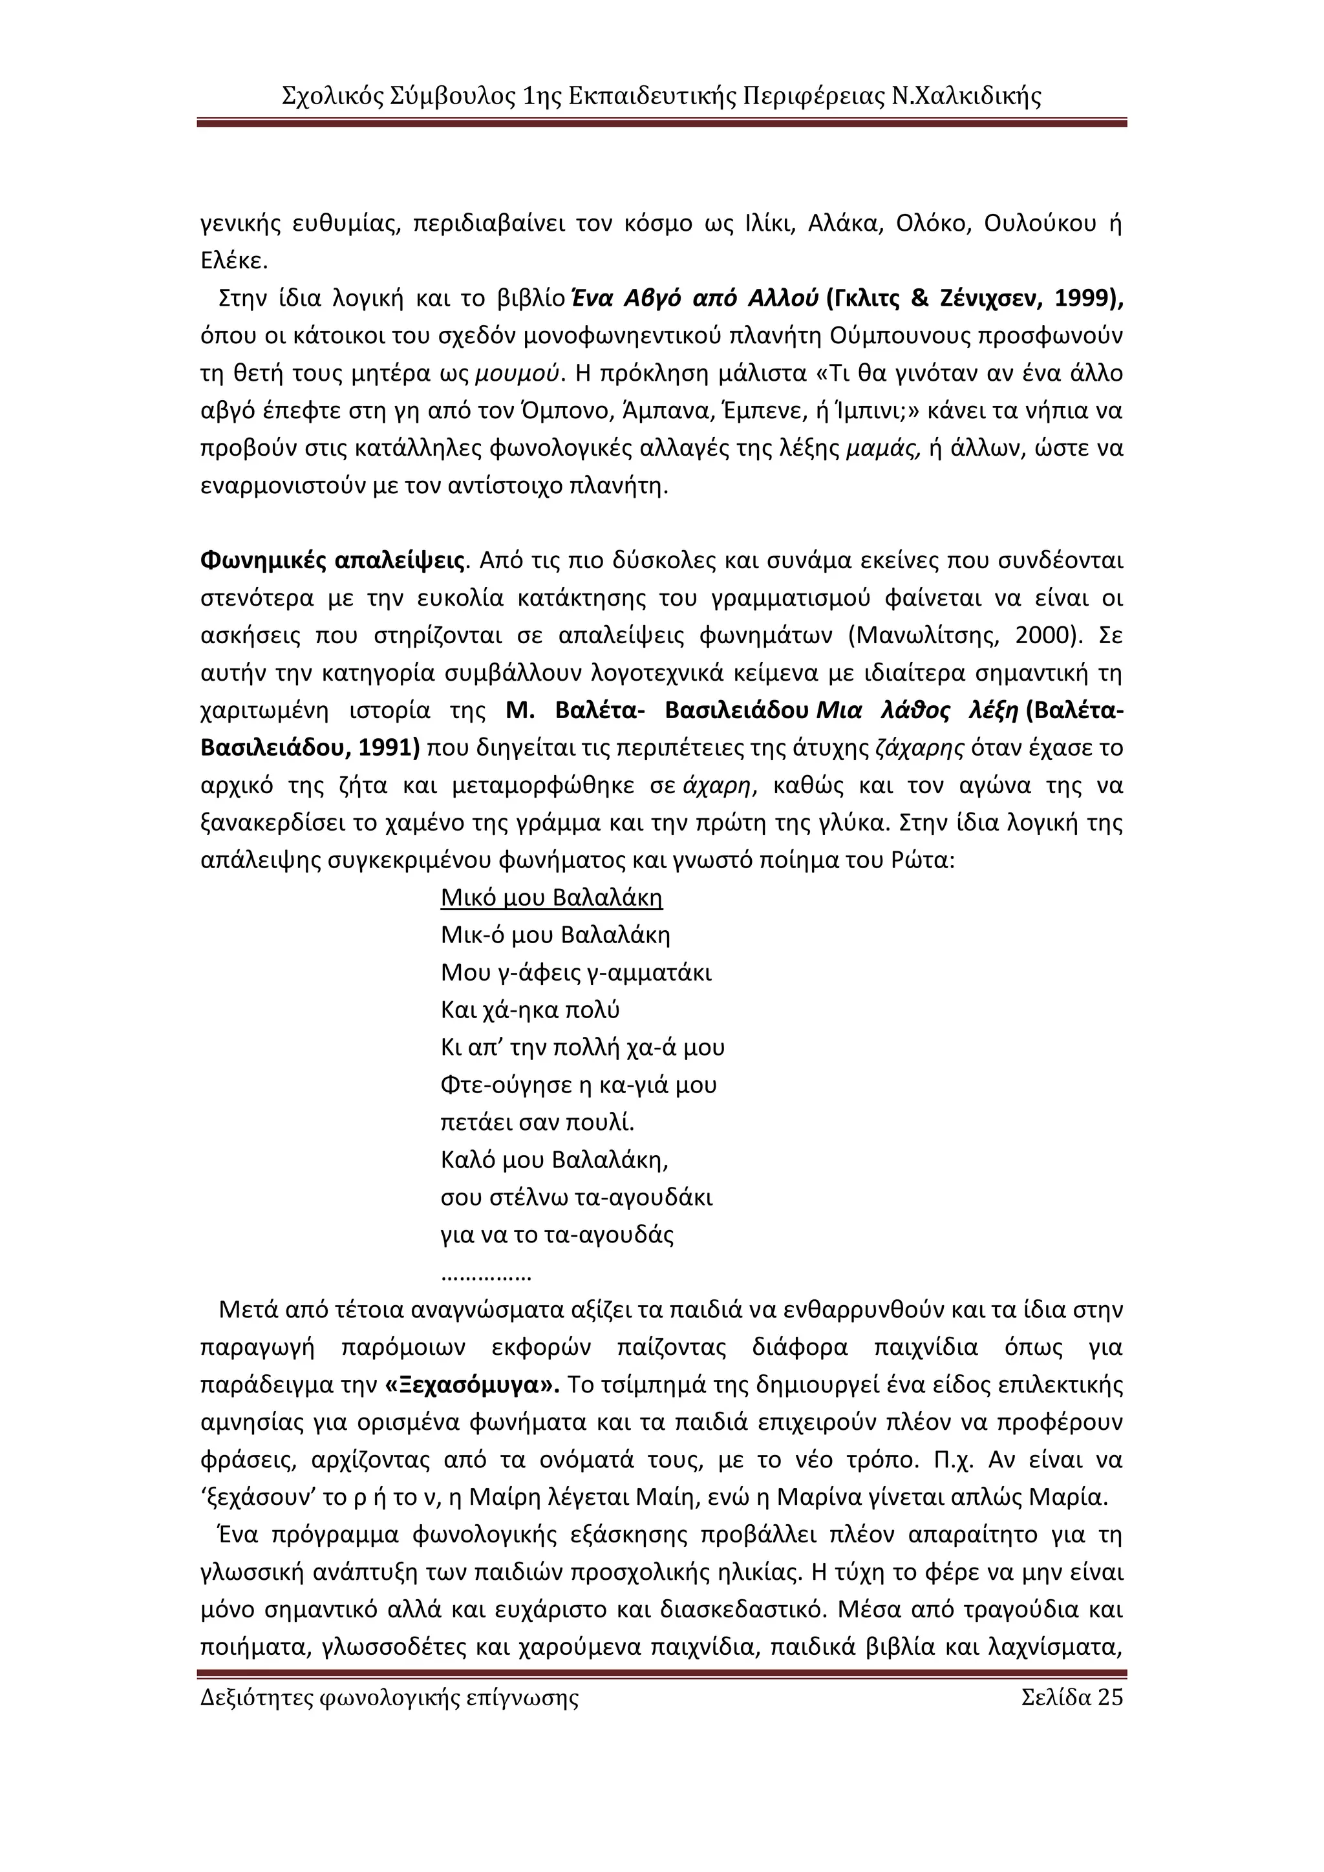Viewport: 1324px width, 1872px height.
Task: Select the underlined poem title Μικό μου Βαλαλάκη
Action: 551,898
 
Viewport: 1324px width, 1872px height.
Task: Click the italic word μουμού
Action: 518,374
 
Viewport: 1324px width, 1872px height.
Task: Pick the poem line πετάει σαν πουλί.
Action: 537,1123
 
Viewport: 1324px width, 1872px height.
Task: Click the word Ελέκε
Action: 234,261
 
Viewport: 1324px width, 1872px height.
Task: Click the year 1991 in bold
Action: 384,748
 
